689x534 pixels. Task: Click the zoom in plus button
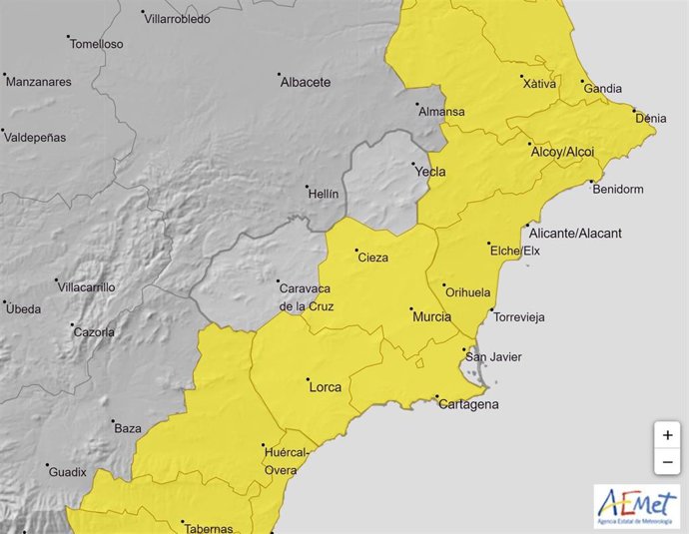coord(667,435)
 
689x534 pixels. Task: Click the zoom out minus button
coord(667,461)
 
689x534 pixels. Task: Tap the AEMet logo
coord(636,507)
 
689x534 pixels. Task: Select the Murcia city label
coord(431,317)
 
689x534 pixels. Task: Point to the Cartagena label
coord(467,404)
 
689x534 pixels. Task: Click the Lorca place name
coord(326,386)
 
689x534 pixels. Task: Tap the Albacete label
coord(305,82)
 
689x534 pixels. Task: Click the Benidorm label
coord(617,189)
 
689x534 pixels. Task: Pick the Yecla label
coord(430,172)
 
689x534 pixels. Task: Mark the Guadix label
coord(68,471)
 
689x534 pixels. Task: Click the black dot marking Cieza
coord(357,251)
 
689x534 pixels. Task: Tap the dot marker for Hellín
coord(307,186)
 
